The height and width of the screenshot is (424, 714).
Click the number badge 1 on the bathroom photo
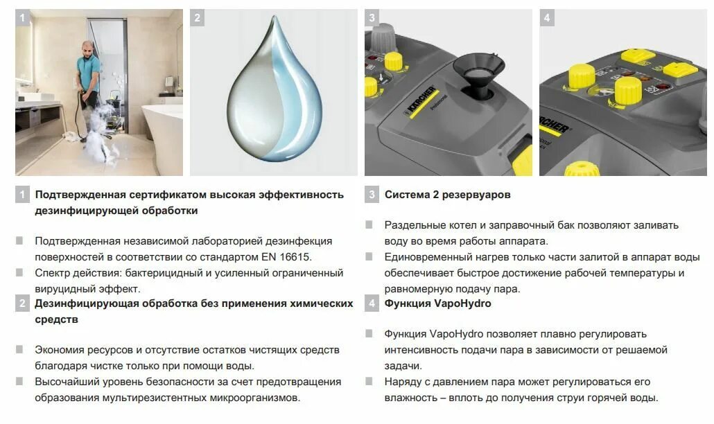tap(23, 18)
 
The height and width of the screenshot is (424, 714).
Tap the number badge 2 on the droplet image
tap(198, 18)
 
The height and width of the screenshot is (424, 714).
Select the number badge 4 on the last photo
tap(547, 18)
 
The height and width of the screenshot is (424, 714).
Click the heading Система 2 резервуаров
tap(448, 195)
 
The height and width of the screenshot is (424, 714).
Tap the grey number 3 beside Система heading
tap(372, 195)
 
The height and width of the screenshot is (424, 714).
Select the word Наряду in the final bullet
tap(402, 382)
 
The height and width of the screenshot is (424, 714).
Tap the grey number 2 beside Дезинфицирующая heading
tap(23, 303)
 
